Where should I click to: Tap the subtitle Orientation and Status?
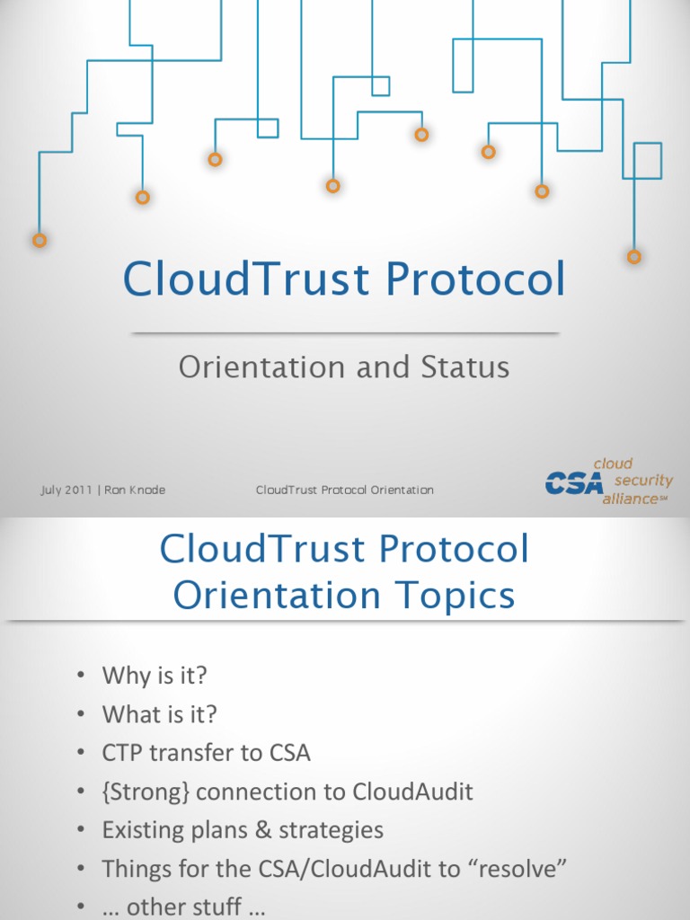[x=344, y=367]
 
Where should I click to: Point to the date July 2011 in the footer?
[x=66, y=490]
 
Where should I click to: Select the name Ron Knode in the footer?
[x=135, y=490]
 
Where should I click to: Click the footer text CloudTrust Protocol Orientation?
[x=344, y=490]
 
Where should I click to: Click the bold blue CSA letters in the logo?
[x=576, y=484]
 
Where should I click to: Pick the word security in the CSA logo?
[x=643, y=481]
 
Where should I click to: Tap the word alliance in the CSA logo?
[x=630, y=499]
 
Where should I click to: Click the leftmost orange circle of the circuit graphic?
[x=40, y=240]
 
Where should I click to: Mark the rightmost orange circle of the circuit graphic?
[x=634, y=257]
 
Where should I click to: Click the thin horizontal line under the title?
[x=345, y=333]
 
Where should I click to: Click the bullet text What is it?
[x=159, y=714]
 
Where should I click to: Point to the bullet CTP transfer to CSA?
[x=206, y=753]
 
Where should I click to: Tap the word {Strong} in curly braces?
[x=146, y=792]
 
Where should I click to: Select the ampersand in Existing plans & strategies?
[x=263, y=830]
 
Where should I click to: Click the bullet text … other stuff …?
[x=183, y=907]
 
